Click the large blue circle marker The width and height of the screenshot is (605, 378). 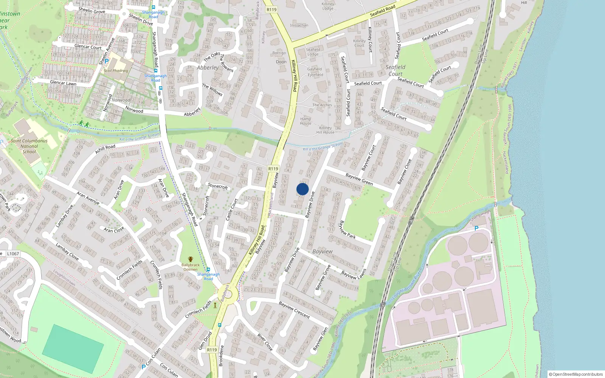[x=302, y=189]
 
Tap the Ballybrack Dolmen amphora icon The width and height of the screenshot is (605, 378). [x=191, y=259]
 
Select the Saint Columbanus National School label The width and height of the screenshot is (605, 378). [x=29, y=146]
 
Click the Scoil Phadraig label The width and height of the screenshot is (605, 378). [x=116, y=71]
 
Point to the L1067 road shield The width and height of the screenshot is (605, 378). [x=13, y=254]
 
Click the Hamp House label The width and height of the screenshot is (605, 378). [x=306, y=121]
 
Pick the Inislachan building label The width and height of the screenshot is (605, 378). [x=299, y=25]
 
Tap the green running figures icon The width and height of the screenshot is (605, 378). [x=84, y=124]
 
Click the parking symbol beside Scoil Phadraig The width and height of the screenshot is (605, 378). [x=107, y=61]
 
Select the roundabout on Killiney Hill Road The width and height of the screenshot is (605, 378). [x=228, y=293]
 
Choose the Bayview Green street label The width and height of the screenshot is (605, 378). [x=359, y=179]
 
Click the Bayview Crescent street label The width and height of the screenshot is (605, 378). [x=294, y=310]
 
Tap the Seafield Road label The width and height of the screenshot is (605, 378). [x=382, y=10]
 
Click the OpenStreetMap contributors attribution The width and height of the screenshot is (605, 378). [x=576, y=374]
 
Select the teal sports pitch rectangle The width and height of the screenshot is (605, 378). [x=73, y=349]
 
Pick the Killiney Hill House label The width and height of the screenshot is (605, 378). [x=325, y=130]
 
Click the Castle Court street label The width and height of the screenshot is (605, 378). [x=231, y=210]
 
